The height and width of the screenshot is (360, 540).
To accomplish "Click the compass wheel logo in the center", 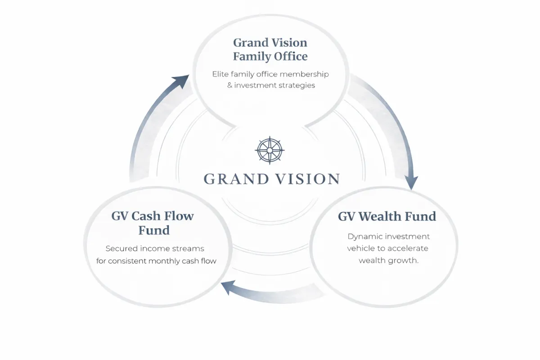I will (270, 150).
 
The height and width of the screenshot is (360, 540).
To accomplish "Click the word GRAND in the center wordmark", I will (233, 179).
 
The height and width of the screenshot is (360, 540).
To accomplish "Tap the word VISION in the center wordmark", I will (308, 179).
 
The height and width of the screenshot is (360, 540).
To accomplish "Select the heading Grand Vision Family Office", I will (270, 49).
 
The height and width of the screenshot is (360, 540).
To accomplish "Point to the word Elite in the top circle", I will (221, 74).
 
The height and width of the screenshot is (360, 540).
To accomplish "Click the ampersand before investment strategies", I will (230, 85).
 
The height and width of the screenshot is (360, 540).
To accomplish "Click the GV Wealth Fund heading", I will (387, 216).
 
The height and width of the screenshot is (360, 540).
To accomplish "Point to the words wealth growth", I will (389, 261).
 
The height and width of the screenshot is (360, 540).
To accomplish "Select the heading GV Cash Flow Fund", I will (153, 223).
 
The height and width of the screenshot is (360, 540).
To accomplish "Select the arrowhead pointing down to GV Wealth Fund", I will (410, 182).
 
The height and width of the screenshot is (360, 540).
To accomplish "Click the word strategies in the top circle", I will (297, 85).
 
